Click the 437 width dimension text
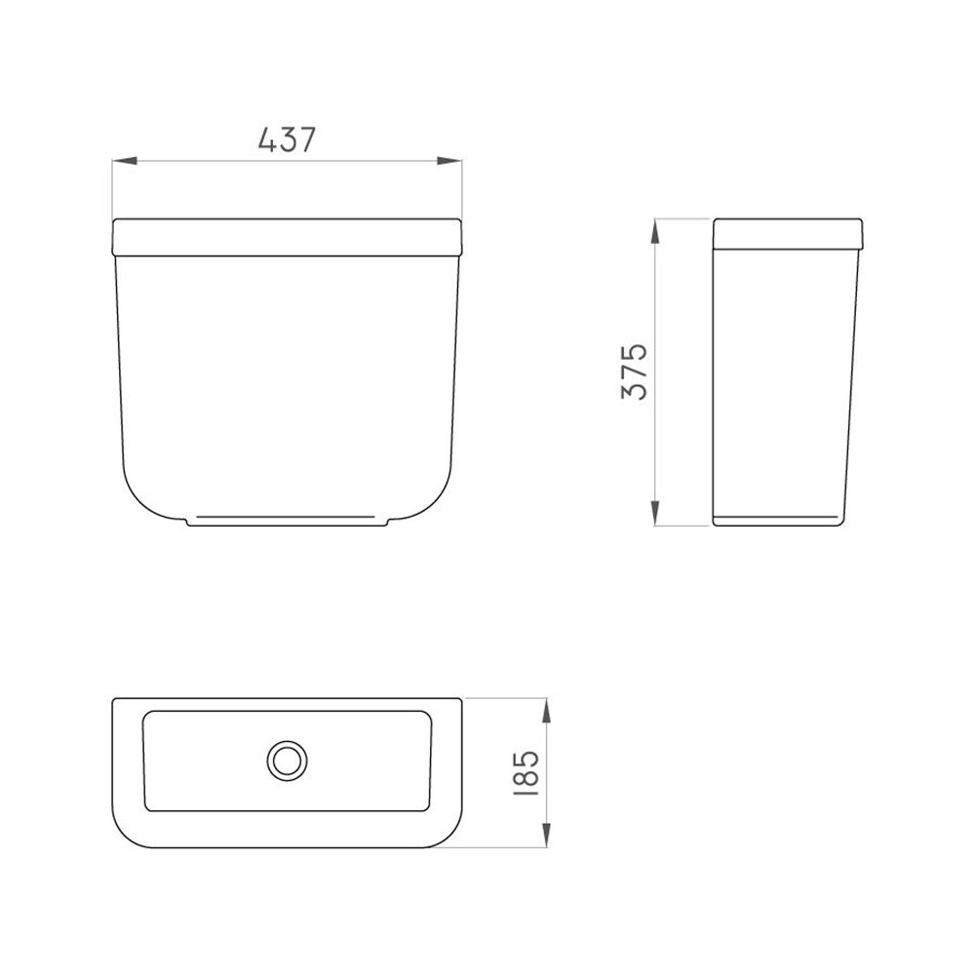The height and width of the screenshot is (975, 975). (x=288, y=139)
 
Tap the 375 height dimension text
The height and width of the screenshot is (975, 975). (x=635, y=371)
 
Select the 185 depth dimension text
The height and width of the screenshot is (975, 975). (x=526, y=773)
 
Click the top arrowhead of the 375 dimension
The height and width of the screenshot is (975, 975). (x=655, y=231)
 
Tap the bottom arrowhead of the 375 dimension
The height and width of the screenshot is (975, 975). (x=655, y=513)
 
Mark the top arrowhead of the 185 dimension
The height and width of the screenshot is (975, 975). (x=547, y=711)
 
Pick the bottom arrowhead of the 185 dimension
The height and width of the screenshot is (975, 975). (x=547, y=836)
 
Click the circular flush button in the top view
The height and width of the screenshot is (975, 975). (x=288, y=760)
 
